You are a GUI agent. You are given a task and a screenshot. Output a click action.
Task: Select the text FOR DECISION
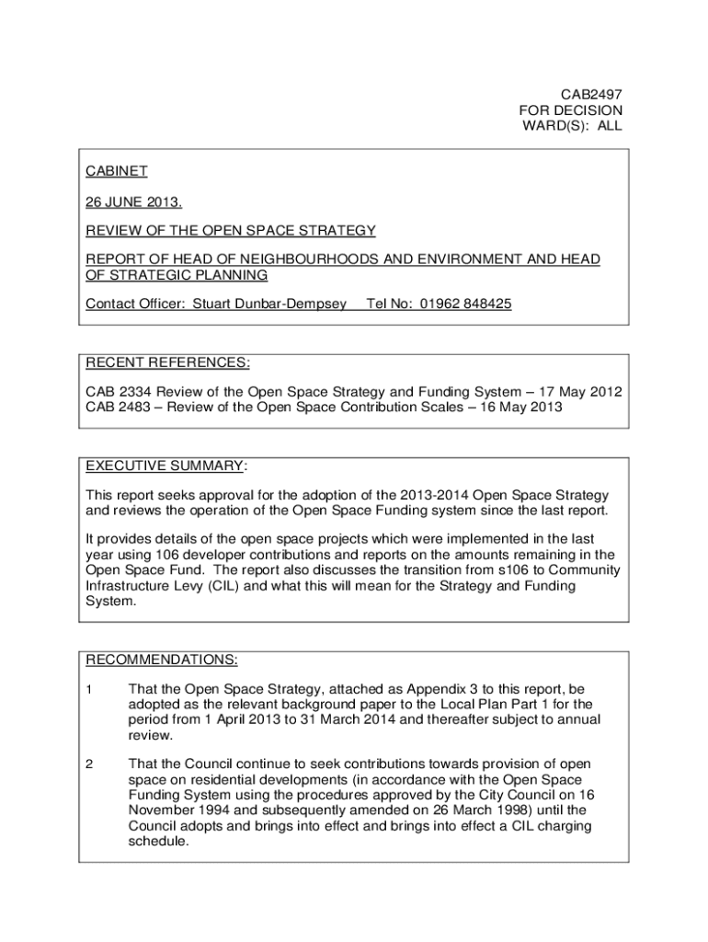[570, 109]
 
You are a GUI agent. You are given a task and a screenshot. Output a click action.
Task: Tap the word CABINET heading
[117, 170]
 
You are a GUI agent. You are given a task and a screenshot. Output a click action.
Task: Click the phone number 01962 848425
[465, 304]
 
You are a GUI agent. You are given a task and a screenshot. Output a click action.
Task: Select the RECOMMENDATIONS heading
[162, 660]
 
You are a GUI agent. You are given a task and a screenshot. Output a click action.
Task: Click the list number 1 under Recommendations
[90, 688]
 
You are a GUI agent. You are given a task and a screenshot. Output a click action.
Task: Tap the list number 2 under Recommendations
[90, 764]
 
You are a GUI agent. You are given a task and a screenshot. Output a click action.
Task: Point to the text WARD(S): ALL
[572, 126]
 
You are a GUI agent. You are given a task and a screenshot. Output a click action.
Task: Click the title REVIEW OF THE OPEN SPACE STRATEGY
[231, 230]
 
